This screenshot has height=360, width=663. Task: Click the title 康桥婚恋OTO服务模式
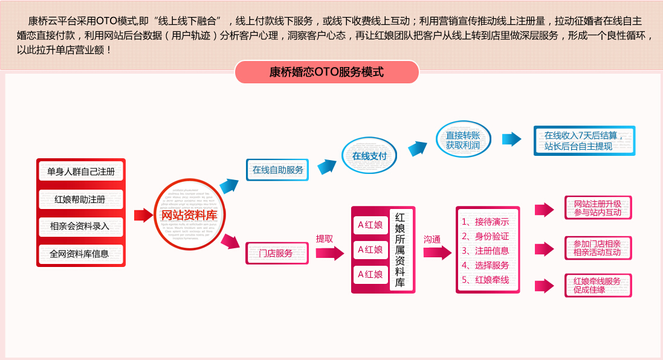pos(326,72)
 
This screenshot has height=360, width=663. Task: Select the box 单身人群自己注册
pos(81,172)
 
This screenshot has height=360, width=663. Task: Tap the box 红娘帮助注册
pos(81,199)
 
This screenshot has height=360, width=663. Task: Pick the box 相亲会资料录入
pos(81,227)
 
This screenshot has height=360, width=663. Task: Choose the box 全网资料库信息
pos(81,254)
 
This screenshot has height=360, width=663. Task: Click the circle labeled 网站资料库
pos(189,215)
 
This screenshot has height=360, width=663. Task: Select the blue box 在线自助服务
pos(277,170)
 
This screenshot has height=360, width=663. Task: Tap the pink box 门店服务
pos(277,253)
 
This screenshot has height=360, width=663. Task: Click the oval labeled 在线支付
pos(369,156)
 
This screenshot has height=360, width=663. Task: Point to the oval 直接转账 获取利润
pos(463,141)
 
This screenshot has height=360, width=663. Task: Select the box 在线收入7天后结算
pos(584,141)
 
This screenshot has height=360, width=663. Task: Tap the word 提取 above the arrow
pos(325,239)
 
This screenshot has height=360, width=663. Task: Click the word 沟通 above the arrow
pos(432,239)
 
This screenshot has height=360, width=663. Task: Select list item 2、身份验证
pos(485,236)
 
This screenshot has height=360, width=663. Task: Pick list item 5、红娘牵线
pos(485,280)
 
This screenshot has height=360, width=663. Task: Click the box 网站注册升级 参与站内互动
pos(597,208)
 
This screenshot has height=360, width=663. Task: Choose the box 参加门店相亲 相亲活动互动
pos(597,248)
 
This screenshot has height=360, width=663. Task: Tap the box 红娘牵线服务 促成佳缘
pos(597,285)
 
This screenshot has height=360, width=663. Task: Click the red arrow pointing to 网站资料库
pos(143,215)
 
